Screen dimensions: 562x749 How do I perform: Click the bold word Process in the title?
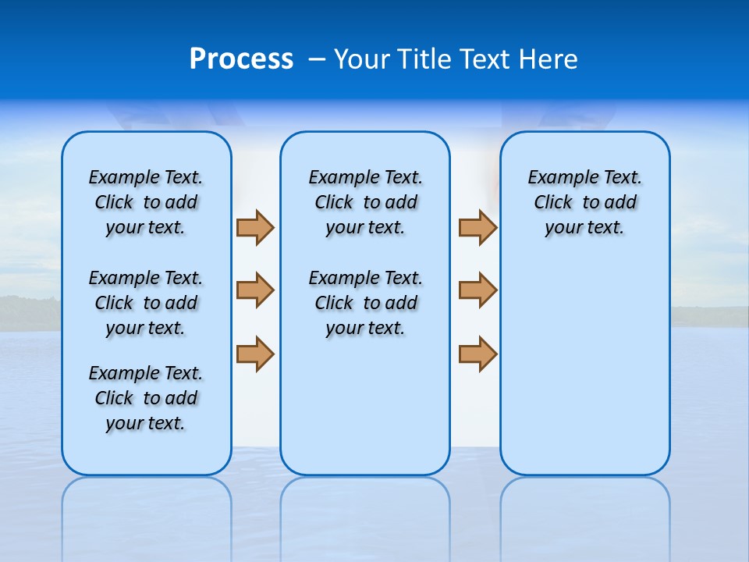(241, 59)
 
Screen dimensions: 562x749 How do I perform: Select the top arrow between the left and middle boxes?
(255, 227)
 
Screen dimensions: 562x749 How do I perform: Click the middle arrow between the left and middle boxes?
(255, 290)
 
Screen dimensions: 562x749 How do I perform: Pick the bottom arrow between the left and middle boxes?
(255, 354)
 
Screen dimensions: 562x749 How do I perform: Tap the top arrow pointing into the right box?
(477, 227)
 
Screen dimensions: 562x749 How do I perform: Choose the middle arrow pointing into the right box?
(477, 290)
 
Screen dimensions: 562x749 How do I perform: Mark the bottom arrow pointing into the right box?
(477, 354)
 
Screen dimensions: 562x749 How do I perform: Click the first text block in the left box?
(146, 202)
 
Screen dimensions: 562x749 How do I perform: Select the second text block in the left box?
(146, 303)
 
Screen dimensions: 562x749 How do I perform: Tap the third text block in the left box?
(146, 398)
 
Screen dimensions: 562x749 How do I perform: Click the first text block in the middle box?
(365, 202)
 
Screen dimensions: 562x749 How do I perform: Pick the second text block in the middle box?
(365, 303)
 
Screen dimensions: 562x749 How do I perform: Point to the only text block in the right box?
(584, 202)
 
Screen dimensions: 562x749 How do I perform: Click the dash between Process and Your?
(317, 59)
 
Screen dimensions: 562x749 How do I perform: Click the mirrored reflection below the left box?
(147, 507)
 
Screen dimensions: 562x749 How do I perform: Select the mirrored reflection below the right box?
(584, 507)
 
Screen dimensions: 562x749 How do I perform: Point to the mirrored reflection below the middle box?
(365, 507)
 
